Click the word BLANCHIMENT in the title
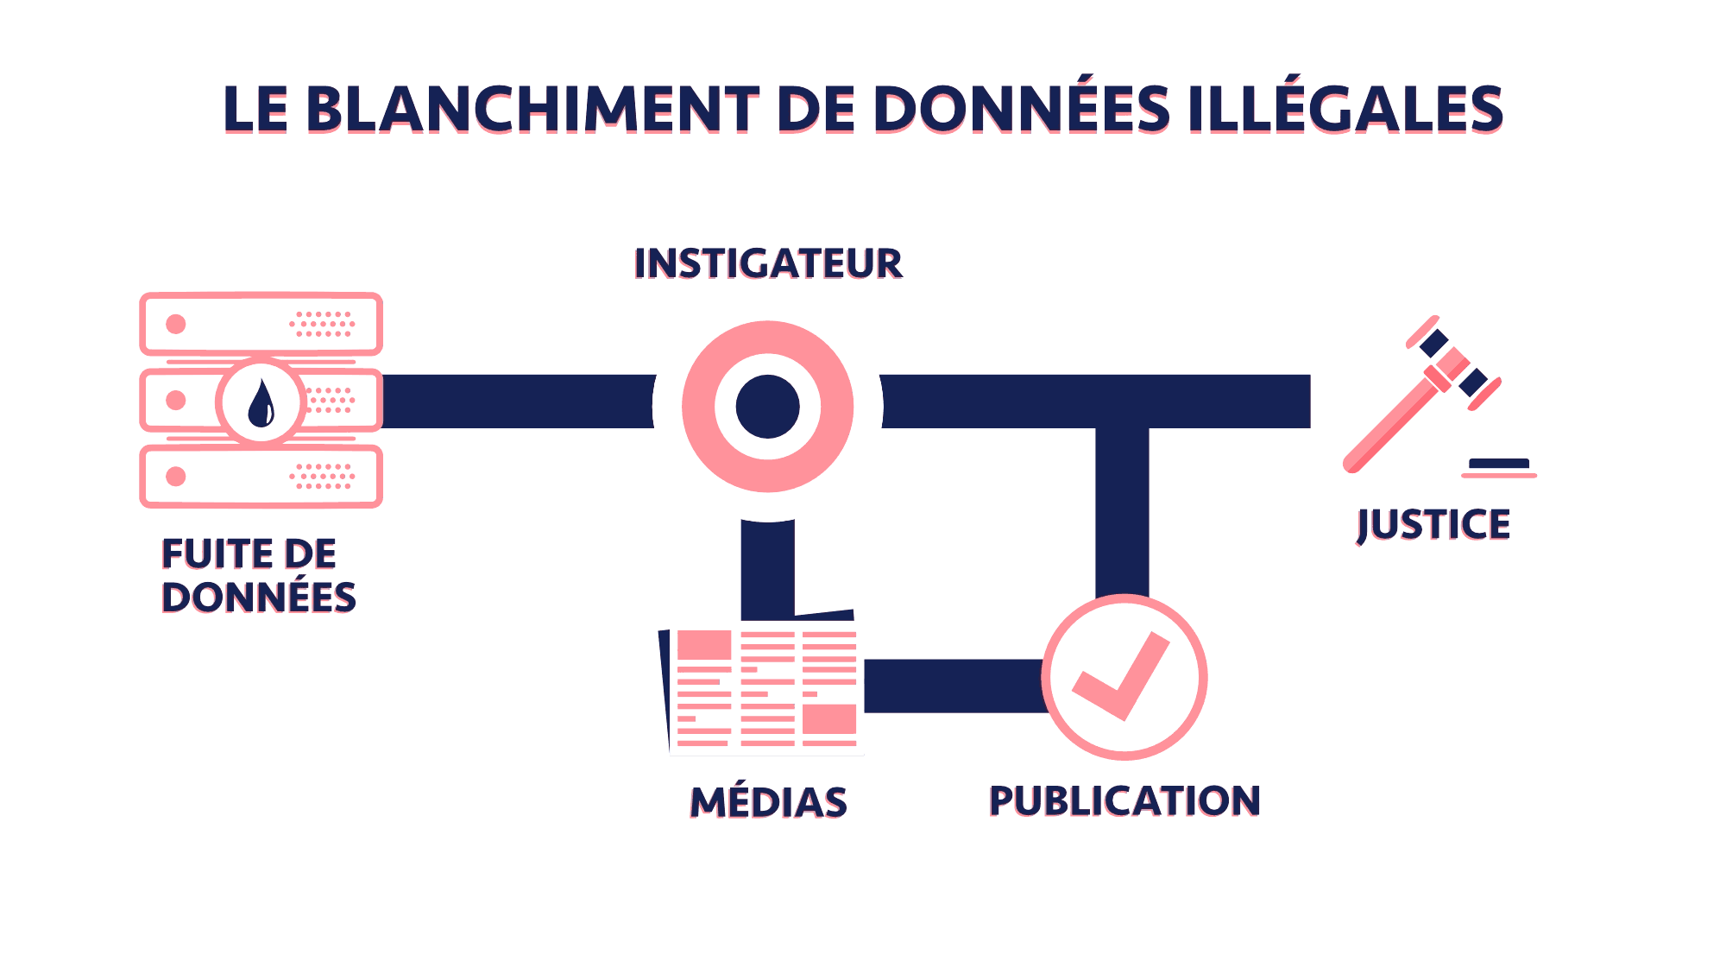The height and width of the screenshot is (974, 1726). tap(532, 110)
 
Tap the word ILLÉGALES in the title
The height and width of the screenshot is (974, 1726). tap(1345, 110)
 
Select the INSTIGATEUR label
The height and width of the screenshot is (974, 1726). tap(768, 263)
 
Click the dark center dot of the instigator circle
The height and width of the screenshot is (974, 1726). tap(768, 406)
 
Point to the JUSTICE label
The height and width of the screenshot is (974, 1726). tap(1433, 525)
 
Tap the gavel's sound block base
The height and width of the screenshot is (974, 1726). tap(1499, 467)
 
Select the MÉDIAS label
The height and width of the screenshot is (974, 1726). tap(768, 802)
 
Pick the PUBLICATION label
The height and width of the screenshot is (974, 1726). tap(1124, 800)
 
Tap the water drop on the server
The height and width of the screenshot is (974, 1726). tap(261, 404)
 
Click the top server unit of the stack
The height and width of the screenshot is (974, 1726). tap(261, 324)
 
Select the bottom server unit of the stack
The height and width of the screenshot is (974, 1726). tap(261, 476)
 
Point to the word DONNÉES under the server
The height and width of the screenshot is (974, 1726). tap(259, 598)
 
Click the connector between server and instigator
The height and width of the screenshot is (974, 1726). tap(518, 402)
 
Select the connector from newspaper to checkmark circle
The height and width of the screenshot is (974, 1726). tap(954, 686)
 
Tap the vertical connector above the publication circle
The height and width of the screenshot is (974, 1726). tap(1122, 509)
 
